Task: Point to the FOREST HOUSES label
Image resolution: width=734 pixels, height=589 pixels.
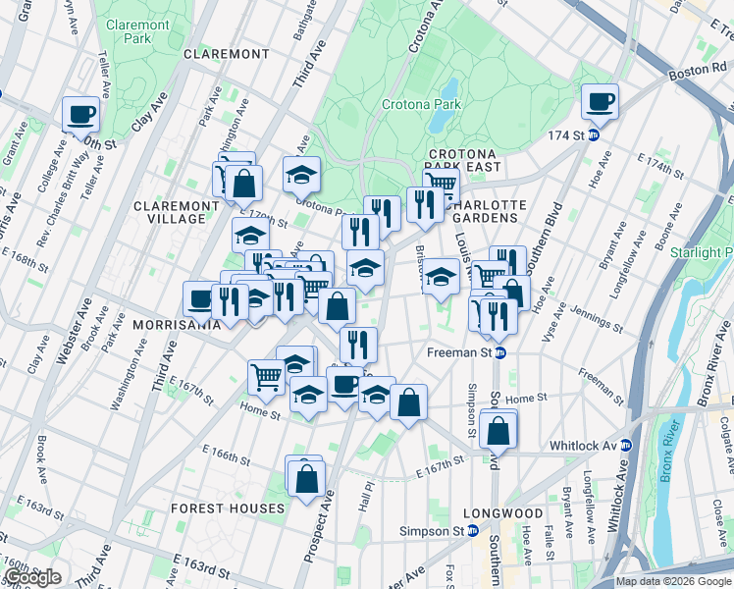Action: [228, 509]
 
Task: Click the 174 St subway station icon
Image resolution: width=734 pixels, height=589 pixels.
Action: [594, 134]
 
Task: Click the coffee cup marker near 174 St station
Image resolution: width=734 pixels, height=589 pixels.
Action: [599, 100]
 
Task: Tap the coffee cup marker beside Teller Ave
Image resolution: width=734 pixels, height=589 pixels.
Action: [81, 113]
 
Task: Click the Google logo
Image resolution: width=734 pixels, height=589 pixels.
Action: [31, 577]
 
